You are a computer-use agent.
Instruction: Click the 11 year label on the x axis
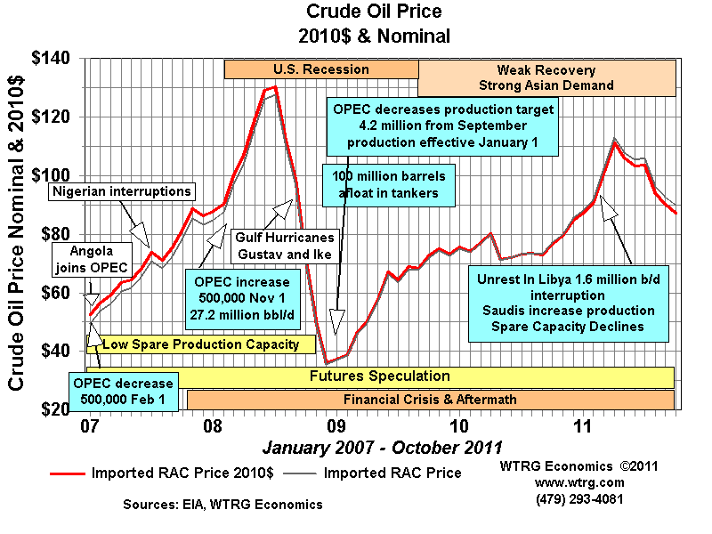tap(583, 425)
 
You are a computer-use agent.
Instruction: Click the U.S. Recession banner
tap(321, 69)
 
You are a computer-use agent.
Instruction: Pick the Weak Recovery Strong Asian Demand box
tap(546, 77)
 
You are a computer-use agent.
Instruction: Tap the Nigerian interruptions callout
tap(121, 191)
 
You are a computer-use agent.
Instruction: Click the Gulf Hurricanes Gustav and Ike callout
tap(285, 246)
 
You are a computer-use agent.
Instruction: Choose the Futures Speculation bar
tap(379, 376)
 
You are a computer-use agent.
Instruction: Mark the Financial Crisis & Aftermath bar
tap(430, 399)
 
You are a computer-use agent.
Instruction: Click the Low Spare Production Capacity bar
tap(206, 344)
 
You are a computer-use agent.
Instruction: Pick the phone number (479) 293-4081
tap(579, 498)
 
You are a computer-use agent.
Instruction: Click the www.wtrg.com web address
tap(579, 482)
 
